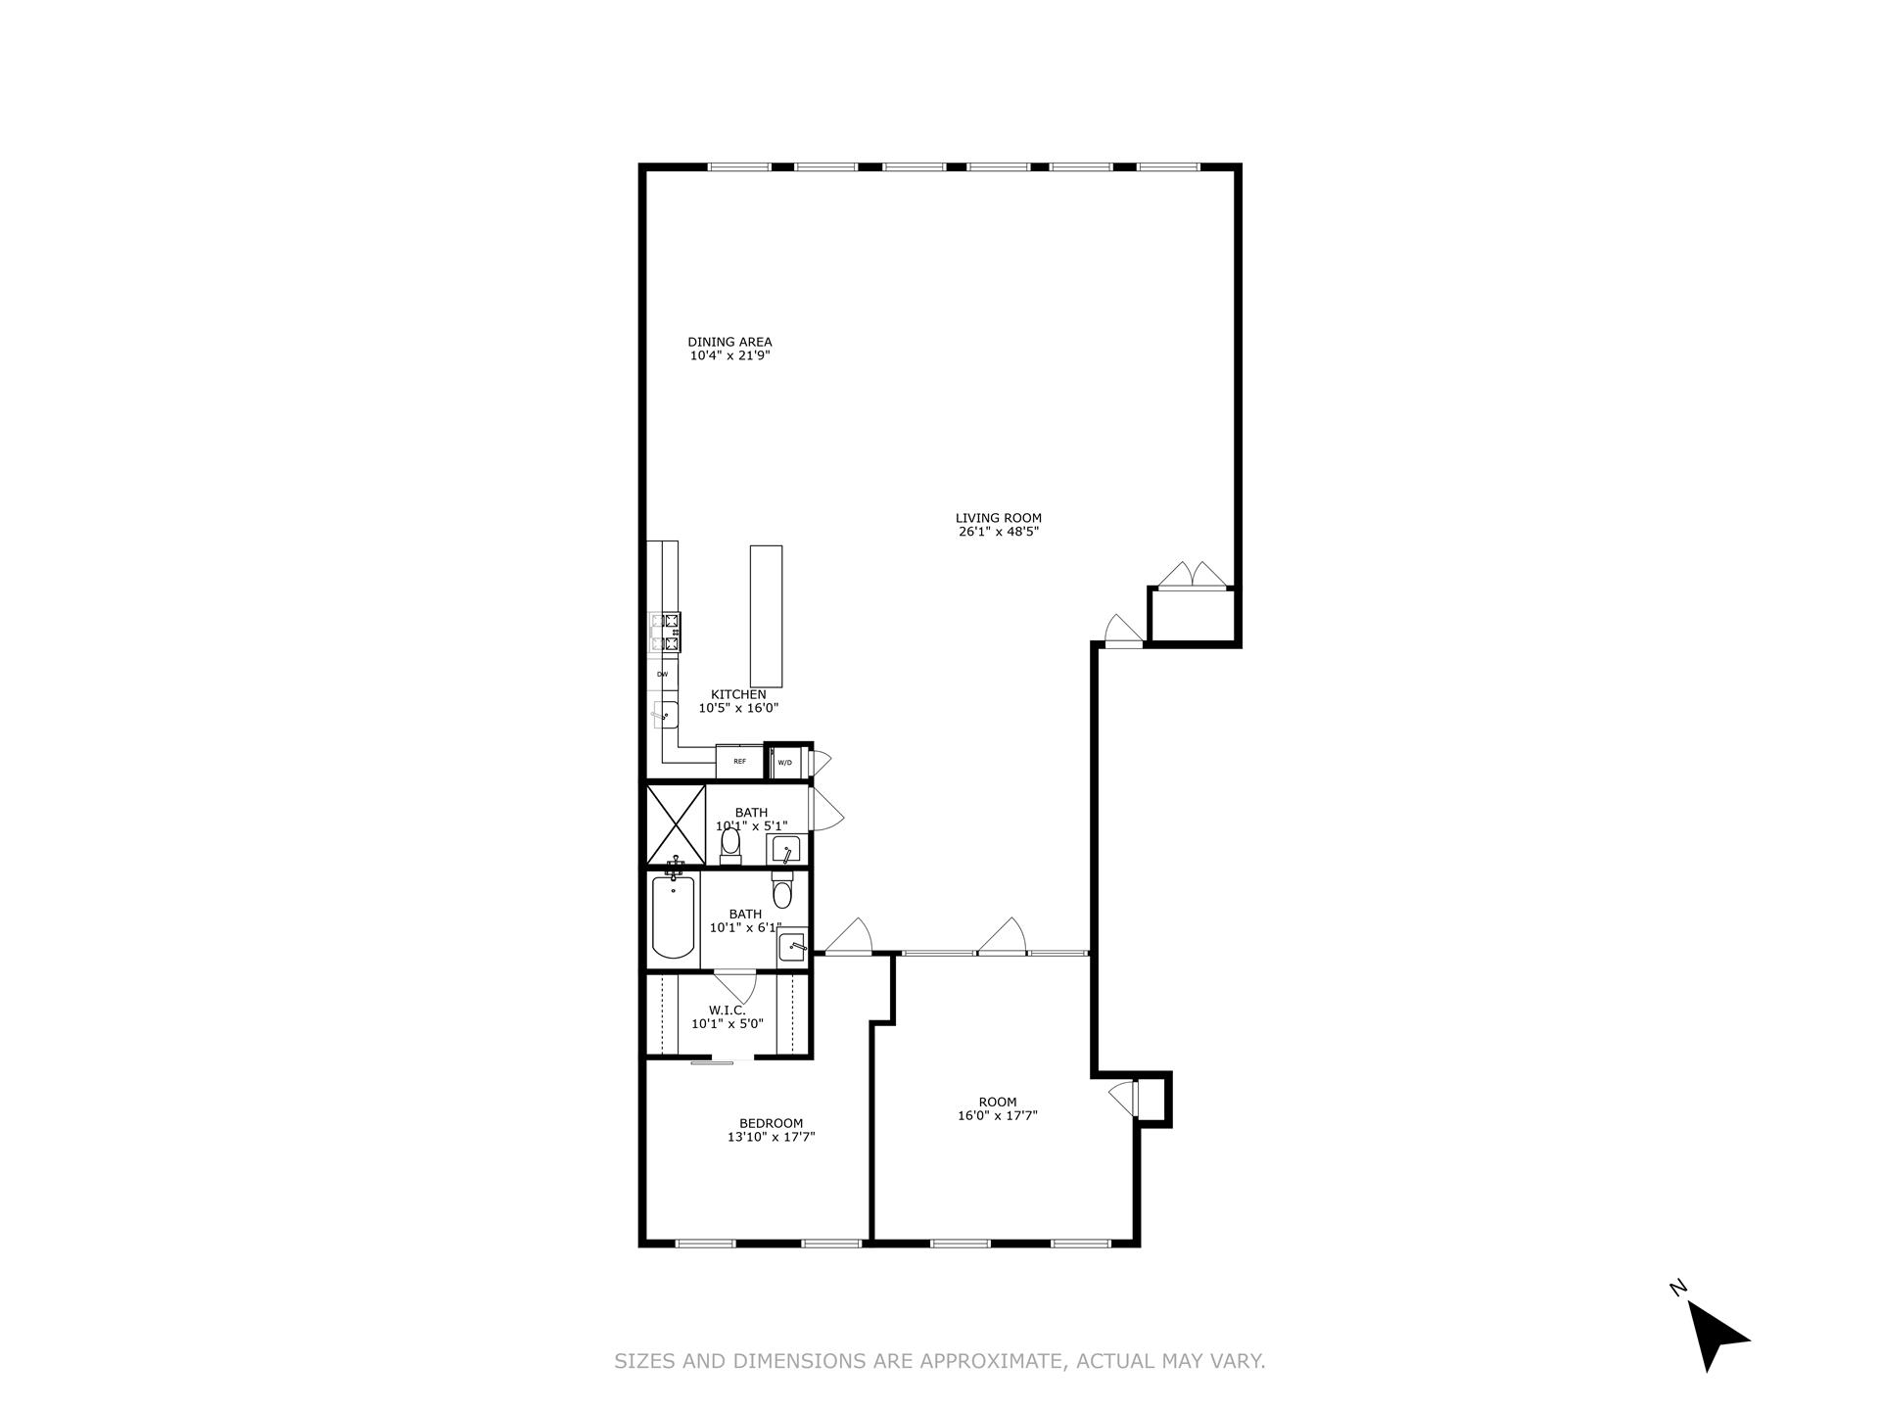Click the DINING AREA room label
tap(729, 343)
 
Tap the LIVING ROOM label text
tap(998, 519)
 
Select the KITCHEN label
tap(738, 695)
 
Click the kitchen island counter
tap(766, 616)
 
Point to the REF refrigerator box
tap(739, 761)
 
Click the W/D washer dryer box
tap(785, 762)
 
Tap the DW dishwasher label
tap(663, 675)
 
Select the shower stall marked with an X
tap(676, 824)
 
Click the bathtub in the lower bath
tap(674, 917)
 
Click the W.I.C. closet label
tap(728, 1010)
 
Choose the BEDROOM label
tap(771, 1123)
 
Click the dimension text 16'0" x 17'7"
tap(998, 1115)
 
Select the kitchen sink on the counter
tap(664, 716)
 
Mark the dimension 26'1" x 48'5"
tap(998, 533)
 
